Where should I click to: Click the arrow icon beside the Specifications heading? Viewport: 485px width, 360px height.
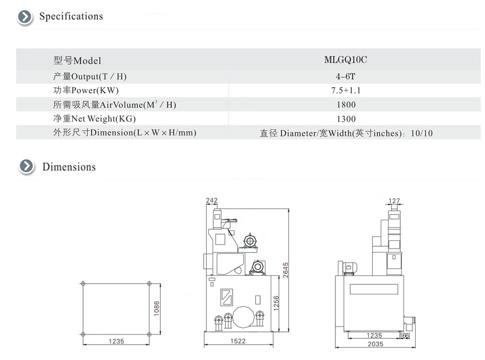(25, 17)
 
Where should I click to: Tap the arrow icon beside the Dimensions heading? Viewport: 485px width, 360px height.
(26, 166)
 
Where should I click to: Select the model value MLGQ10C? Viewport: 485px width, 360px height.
(345, 60)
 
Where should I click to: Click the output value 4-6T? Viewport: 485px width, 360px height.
(345, 76)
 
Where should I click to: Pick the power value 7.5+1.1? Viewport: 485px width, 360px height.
(346, 91)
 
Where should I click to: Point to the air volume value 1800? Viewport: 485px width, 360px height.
(346, 105)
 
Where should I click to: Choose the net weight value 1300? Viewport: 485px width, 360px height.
(346, 119)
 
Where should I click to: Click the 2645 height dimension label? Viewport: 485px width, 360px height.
(285, 270)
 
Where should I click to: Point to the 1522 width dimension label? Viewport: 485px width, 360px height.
(238, 341)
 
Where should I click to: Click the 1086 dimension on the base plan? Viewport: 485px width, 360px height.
(157, 308)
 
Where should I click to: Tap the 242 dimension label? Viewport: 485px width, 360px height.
(212, 200)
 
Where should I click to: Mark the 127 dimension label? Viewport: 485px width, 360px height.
(394, 201)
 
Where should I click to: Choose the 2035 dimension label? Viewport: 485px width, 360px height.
(375, 344)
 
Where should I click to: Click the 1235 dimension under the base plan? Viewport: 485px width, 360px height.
(116, 341)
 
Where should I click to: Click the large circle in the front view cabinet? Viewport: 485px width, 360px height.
(243, 317)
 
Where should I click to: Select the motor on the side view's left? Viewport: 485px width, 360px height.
(347, 268)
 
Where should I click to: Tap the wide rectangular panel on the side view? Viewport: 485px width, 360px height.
(374, 289)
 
